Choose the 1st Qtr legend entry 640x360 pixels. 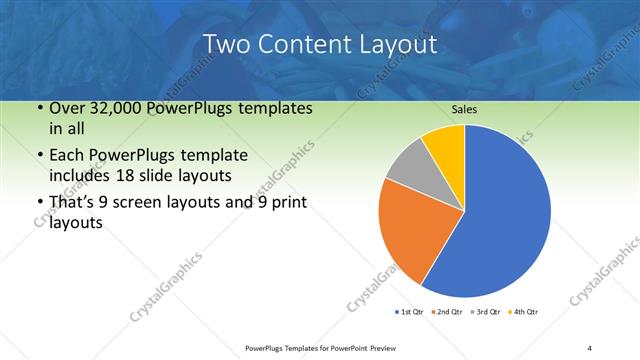point(411,312)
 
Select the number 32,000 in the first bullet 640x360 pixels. point(127,108)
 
